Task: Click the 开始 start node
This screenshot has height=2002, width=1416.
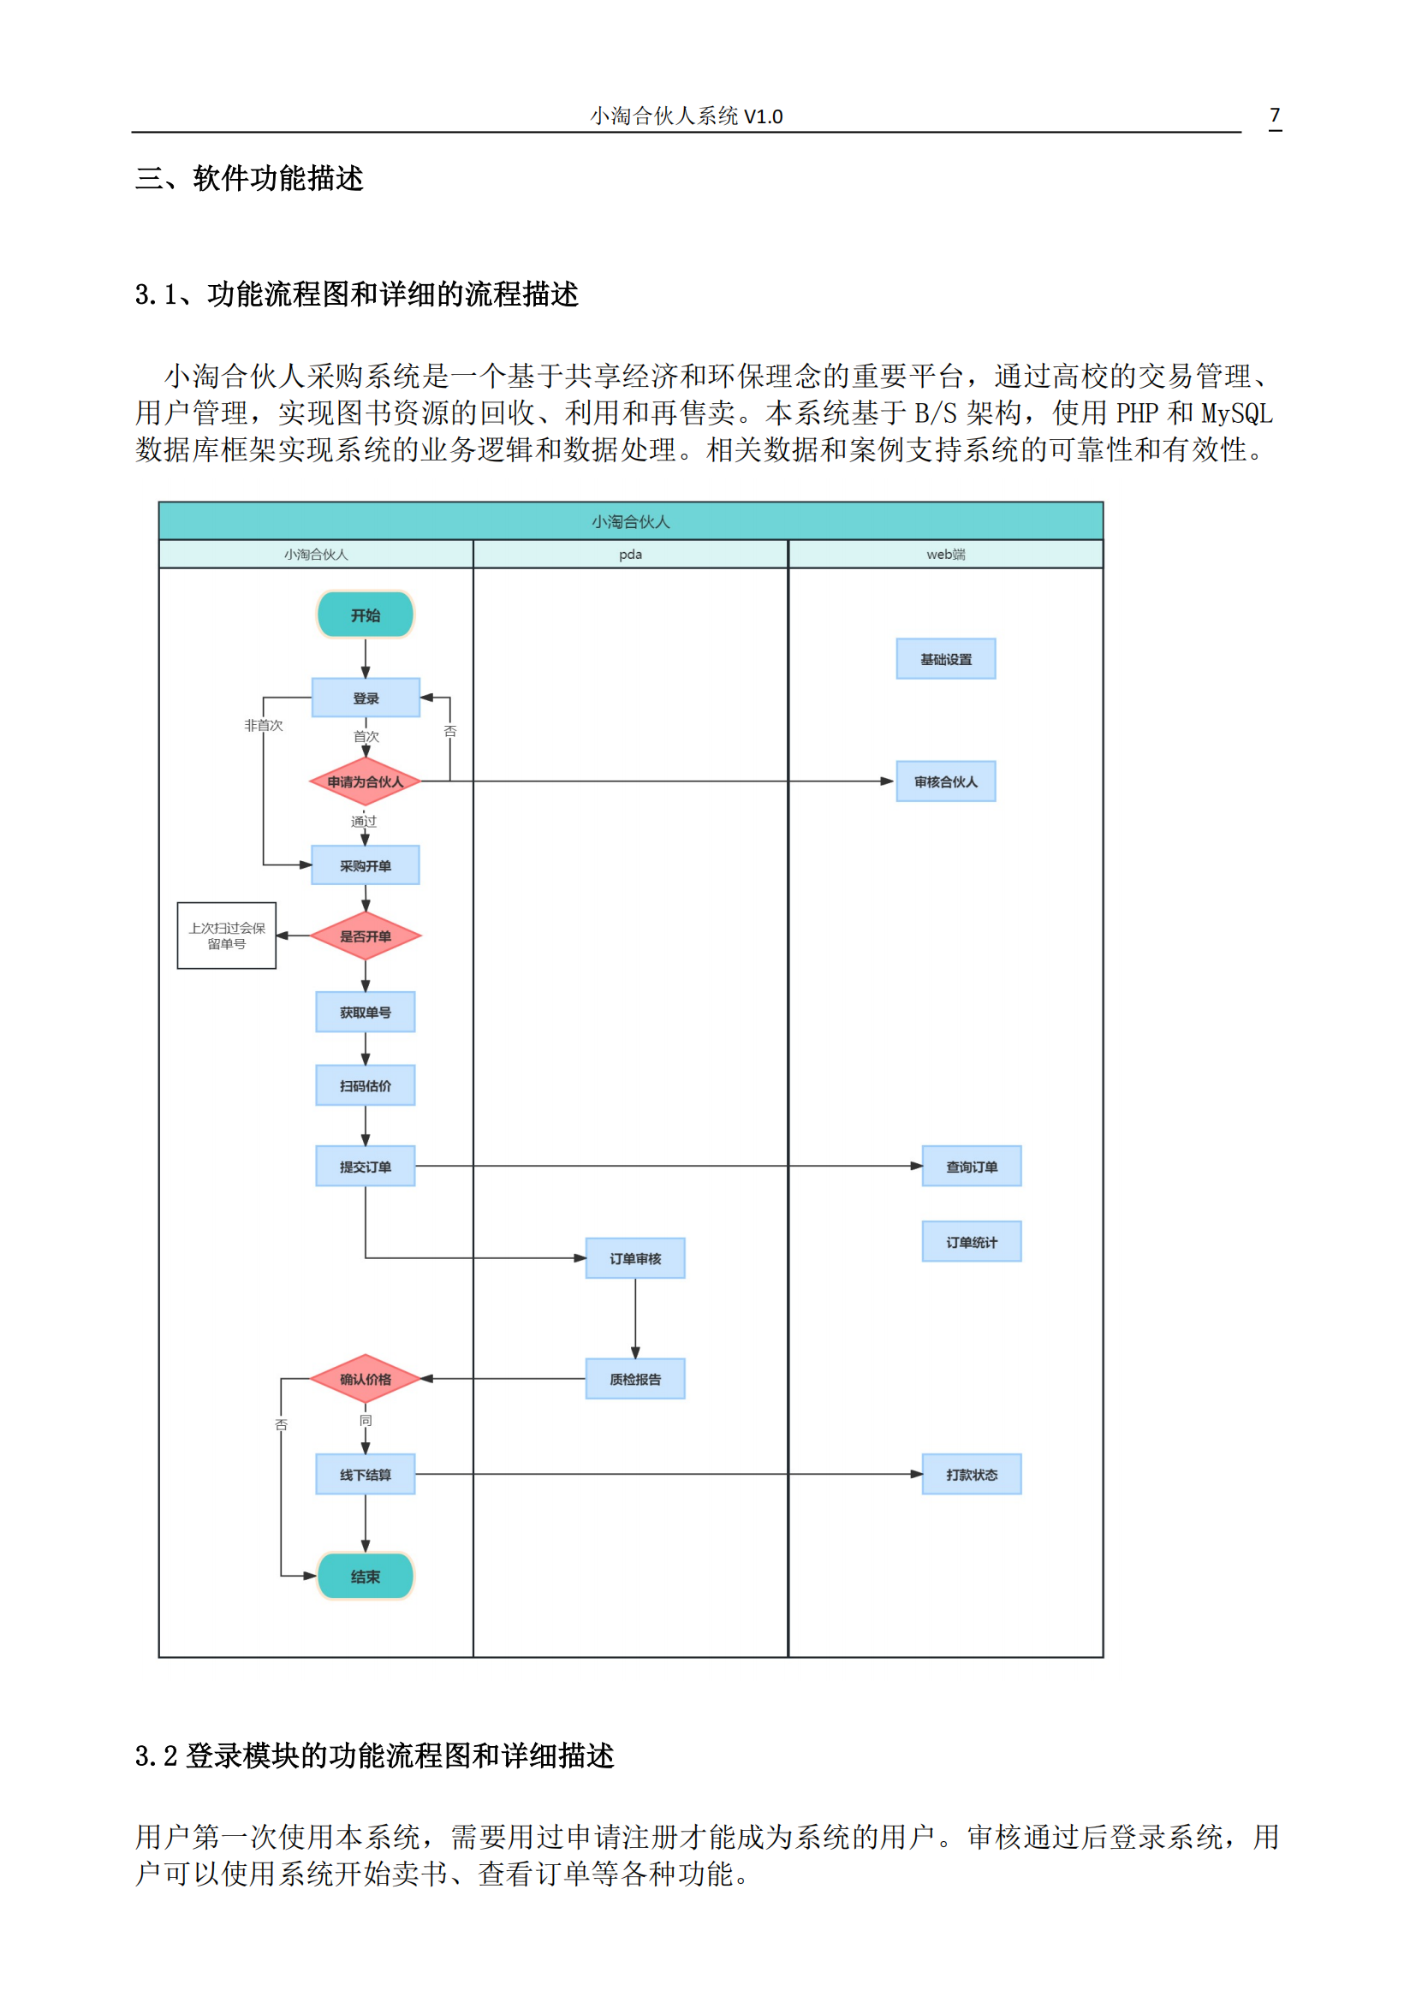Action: click(366, 615)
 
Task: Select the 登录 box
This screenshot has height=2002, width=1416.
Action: click(366, 698)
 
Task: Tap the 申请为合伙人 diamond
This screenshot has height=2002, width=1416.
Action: click(366, 781)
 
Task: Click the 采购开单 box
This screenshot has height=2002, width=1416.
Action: click(366, 865)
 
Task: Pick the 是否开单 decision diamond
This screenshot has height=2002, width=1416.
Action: click(366, 936)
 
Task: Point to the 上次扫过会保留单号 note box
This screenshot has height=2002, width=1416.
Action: click(227, 936)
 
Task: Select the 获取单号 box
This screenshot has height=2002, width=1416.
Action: click(366, 1012)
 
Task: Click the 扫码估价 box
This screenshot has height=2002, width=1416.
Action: click(366, 1085)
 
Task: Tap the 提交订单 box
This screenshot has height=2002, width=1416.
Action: click(366, 1166)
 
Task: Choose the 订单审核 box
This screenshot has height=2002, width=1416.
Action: click(634, 1258)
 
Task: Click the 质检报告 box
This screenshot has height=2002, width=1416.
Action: click(634, 1379)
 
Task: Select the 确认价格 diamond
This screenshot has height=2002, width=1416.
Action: click(366, 1379)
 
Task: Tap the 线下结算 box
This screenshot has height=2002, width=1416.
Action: click(366, 1475)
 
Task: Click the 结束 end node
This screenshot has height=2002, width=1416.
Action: click(366, 1577)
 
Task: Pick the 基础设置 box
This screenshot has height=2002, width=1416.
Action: click(946, 659)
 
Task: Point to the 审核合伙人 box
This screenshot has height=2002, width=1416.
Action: click(946, 781)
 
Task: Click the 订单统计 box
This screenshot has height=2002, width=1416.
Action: click(972, 1242)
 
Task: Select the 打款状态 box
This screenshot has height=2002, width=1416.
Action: click(972, 1475)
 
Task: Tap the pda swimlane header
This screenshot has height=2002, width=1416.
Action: click(630, 555)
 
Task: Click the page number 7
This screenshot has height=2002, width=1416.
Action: click(1275, 116)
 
